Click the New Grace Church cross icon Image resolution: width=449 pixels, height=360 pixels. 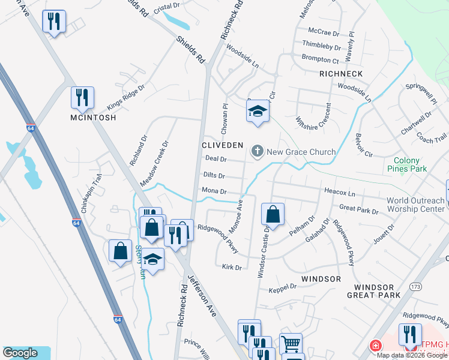258,151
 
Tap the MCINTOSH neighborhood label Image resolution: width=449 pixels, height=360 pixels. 85,118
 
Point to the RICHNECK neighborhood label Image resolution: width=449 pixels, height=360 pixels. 341,74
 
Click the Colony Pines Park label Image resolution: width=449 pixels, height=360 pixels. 411,165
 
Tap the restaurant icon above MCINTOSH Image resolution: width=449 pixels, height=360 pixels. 82,97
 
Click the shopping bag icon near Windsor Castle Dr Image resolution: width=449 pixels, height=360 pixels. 273,214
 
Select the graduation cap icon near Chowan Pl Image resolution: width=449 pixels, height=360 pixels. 258,111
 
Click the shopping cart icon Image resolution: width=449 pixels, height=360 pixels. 291,344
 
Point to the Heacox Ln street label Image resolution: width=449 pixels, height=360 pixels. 340,194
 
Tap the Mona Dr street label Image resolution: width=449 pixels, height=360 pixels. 214,191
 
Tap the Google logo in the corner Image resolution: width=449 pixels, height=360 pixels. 20,353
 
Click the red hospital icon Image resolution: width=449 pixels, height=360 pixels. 375,346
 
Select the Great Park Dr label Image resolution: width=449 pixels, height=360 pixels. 358,209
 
